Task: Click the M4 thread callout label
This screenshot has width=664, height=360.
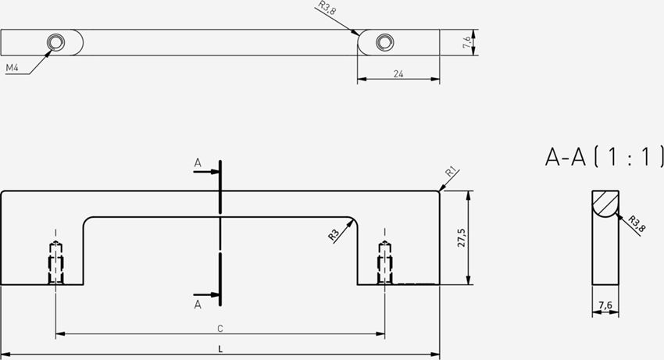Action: pos(12,68)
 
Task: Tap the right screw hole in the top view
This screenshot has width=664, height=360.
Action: pos(385,42)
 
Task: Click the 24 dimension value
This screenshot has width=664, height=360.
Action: pos(398,73)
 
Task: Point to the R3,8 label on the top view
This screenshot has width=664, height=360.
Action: pos(327,8)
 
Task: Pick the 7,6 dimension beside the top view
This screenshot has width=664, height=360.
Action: pos(466,42)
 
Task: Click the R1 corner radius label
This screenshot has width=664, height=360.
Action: pos(451,173)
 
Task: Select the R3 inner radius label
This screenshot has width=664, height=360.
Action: pos(334,235)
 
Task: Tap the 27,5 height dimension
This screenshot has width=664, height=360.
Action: pos(461,237)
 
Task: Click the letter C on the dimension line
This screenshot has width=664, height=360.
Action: pos(220,329)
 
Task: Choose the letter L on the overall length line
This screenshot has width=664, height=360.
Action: pos(220,349)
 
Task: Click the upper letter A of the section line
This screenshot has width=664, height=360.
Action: pos(198,162)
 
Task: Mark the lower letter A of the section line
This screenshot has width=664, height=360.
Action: pos(198,305)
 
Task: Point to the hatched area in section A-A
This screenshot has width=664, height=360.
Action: pos(603,201)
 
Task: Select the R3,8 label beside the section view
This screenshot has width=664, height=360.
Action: pos(637,223)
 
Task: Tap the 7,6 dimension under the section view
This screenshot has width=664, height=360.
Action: pos(605,305)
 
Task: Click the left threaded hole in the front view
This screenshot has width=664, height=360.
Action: pos(55,262)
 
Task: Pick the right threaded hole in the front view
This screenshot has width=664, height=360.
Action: pos(385,262)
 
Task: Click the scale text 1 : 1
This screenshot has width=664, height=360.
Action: pos(628,157)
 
